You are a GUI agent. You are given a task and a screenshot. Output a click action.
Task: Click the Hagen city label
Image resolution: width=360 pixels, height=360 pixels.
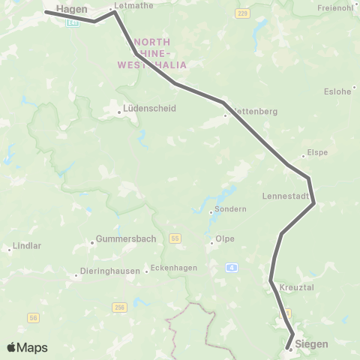tap(72, 9)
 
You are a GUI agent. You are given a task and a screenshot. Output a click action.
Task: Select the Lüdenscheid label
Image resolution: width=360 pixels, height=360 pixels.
tap(149, 108)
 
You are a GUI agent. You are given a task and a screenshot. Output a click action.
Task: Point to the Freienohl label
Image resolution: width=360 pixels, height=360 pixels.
tap(334, 8)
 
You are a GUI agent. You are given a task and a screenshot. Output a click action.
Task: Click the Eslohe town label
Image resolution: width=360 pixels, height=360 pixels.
tap(337, 92)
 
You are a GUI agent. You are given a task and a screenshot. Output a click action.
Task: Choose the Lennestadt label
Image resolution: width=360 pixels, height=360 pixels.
tap(285, 196)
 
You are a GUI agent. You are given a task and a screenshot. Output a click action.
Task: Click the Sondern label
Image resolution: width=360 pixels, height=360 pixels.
tap(230, 209)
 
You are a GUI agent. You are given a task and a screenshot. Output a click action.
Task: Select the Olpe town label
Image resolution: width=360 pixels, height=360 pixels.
tap(224, 238)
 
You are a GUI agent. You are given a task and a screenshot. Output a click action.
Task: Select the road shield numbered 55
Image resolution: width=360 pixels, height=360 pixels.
tap(175, 238)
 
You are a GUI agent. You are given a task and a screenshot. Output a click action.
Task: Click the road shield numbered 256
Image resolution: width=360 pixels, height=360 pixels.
tap(119, 307)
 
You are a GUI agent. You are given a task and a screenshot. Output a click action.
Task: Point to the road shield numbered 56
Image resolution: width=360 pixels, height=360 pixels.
tap(33, 318)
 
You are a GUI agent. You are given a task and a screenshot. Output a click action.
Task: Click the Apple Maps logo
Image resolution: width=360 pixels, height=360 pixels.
tap(27, 347)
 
